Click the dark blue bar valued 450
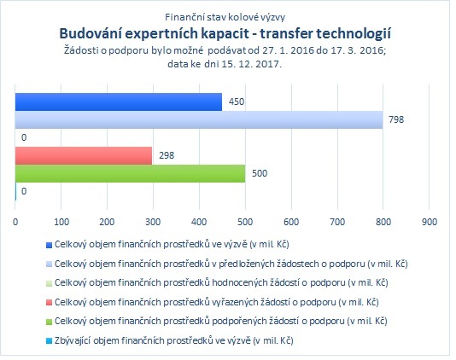coord(119,102)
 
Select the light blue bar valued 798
coord(199,119)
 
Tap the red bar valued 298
coord(84,156)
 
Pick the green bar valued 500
coord(131,174)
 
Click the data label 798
coord(396,119)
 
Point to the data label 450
coord(237,102)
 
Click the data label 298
coord(167,155)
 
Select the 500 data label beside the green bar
coord(260,173)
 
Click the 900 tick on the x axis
coord(430,222)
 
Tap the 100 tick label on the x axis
coord(61,222)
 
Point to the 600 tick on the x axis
coord(291,222)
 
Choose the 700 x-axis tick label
coord(337,222)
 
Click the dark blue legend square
coord(49,245)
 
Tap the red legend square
coord(49,303)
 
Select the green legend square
coord(49,322)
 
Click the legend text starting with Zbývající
coord(174,340)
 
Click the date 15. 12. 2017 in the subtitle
coord(250,64)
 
